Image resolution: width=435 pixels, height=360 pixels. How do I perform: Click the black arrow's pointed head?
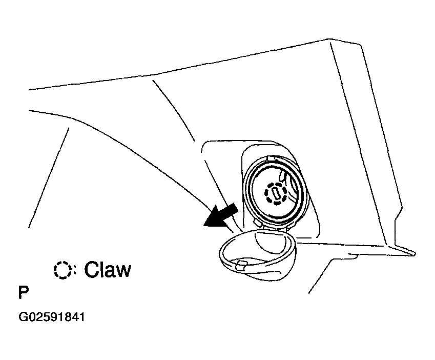click(x=204, y=224)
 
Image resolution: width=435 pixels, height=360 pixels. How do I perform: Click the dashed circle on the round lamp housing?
click(x=276, y=193)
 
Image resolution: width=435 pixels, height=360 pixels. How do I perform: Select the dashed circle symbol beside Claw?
click(x=63, y=270)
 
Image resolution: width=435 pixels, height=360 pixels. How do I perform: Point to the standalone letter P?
click(x=24, y=292)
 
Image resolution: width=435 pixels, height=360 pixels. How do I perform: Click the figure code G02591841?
click(x=51, y=317)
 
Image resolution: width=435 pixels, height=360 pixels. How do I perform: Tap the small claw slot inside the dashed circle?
click(x=276, y=193)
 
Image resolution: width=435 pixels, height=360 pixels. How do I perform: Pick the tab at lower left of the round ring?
click(x=257, y=223)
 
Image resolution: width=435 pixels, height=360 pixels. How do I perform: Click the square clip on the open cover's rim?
click(x=242, y=265)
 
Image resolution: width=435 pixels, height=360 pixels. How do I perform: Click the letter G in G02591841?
click(x=23, y=317)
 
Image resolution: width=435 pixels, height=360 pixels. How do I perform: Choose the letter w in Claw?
click(x=122, y=271)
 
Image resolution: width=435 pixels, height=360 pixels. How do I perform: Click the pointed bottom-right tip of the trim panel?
click(x=415, y=253)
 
